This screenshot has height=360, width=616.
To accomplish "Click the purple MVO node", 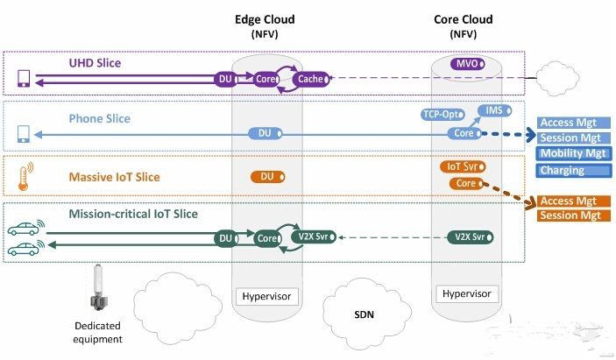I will [x=466, y=64].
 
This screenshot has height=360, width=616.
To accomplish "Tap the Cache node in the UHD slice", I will [x=311, y=79].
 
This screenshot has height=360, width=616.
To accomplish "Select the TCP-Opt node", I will [x=441, y=115].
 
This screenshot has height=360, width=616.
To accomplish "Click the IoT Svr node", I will [x=463, y=166].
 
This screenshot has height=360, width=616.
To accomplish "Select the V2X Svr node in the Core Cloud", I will [x=468, y=236].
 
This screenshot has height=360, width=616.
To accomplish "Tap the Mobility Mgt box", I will [x=572, y=153].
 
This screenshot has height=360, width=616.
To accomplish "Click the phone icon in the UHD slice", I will [x=24, y=80].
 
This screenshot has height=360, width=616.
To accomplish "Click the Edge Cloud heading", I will [x=266, y=18].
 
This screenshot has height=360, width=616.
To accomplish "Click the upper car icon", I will [x=25, y=232].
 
